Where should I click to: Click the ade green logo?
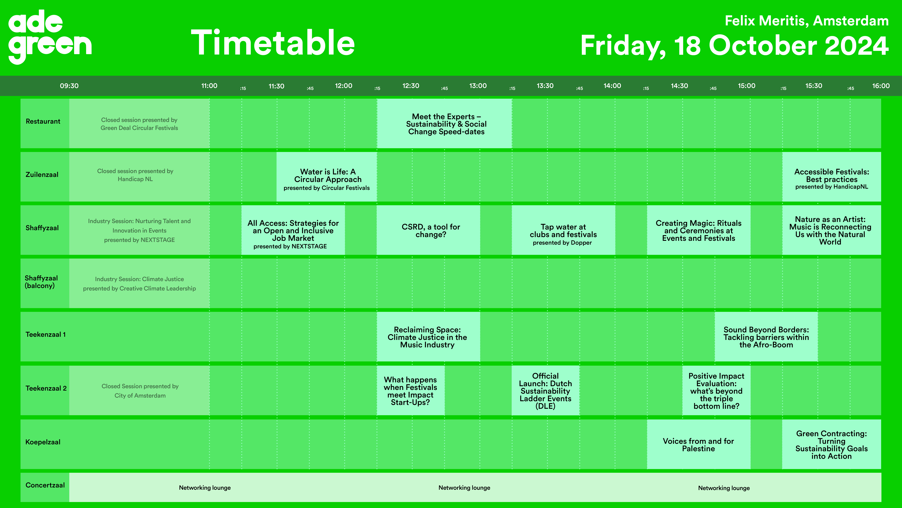coord(50,37)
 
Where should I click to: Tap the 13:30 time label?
coord(545,86)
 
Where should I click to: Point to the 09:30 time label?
coord(69,86)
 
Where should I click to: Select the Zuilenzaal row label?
coord(42,175)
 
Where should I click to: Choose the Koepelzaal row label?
coord(43,442)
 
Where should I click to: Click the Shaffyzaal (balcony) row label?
coord(41,282)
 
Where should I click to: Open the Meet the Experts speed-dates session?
coord(444,123)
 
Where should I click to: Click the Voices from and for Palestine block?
coord(699,444)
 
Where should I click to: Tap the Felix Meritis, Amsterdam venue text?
coord(806,21)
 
